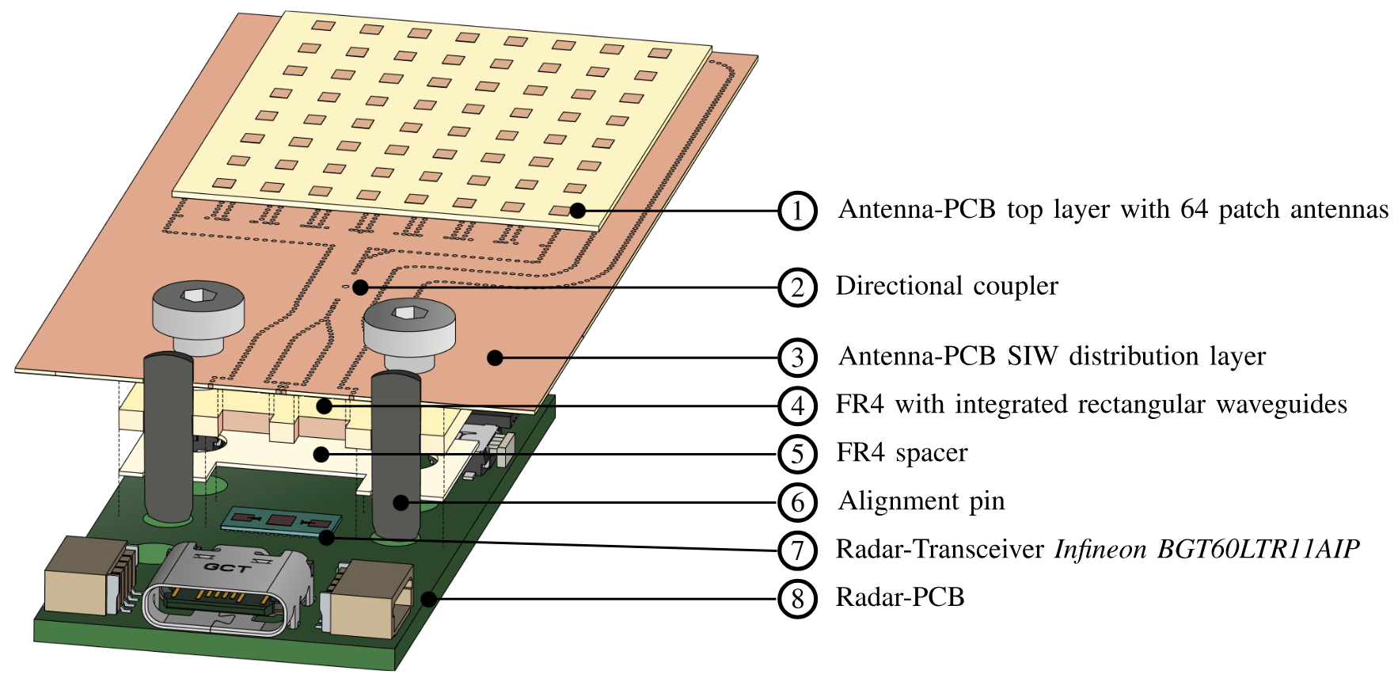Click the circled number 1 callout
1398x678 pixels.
tap(796, 211)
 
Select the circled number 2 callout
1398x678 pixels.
tap(796, 288)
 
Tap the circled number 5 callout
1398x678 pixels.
tap(796, 455)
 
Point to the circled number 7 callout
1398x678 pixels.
tap(796, 550)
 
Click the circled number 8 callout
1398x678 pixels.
tap(796, 599)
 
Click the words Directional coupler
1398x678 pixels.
tap(947, 286)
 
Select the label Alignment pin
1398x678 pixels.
tap(921, 501)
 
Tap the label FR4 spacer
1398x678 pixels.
tap(902, 452)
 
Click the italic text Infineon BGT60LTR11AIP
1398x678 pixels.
tap(1206, 549)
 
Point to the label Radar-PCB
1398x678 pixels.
tap(900, 596)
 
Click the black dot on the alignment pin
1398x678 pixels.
tap(401, 501)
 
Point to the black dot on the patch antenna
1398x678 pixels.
tap(578, 211)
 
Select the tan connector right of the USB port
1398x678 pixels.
tap(371, 598)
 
